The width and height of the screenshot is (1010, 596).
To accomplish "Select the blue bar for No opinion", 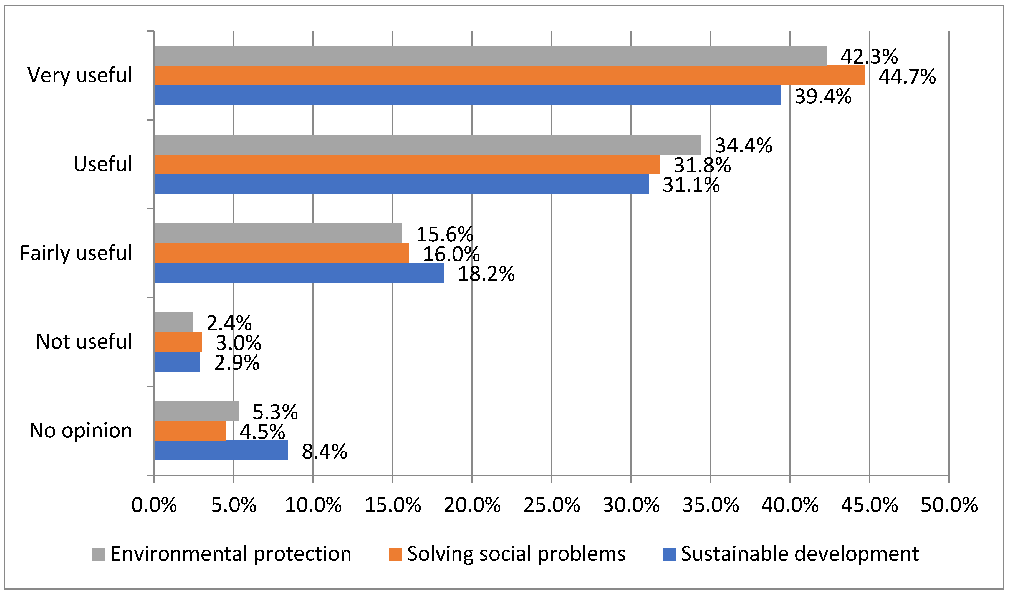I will (x=221, y=451).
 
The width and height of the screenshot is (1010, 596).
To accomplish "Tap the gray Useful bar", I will (x=427, y=145).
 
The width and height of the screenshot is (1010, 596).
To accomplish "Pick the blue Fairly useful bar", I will (x=299, y=273).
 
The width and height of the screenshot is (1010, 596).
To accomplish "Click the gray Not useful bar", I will (x=173, y=322).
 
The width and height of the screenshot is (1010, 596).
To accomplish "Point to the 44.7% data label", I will (x=907, y=76).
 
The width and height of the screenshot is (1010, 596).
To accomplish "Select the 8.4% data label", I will (x=324, y=451).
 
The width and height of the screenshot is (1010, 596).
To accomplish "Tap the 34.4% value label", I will (x=744, y=145).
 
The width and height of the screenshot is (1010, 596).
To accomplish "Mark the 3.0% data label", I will (x=238, y=343).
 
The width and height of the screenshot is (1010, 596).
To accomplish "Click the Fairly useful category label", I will (x=76, y=253).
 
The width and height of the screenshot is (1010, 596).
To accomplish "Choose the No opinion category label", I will (x=81, y=430).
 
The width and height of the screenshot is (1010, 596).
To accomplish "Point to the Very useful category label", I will (x=79, y=76).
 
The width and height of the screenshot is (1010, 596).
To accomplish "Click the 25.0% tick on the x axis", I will (x=552, y=505).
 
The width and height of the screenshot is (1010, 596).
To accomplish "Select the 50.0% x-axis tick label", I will (x=949, y=505).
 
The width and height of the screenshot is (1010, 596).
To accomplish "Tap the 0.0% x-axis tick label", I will (x=154, y=505).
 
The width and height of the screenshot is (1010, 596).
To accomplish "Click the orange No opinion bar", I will (x=190, y=431).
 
